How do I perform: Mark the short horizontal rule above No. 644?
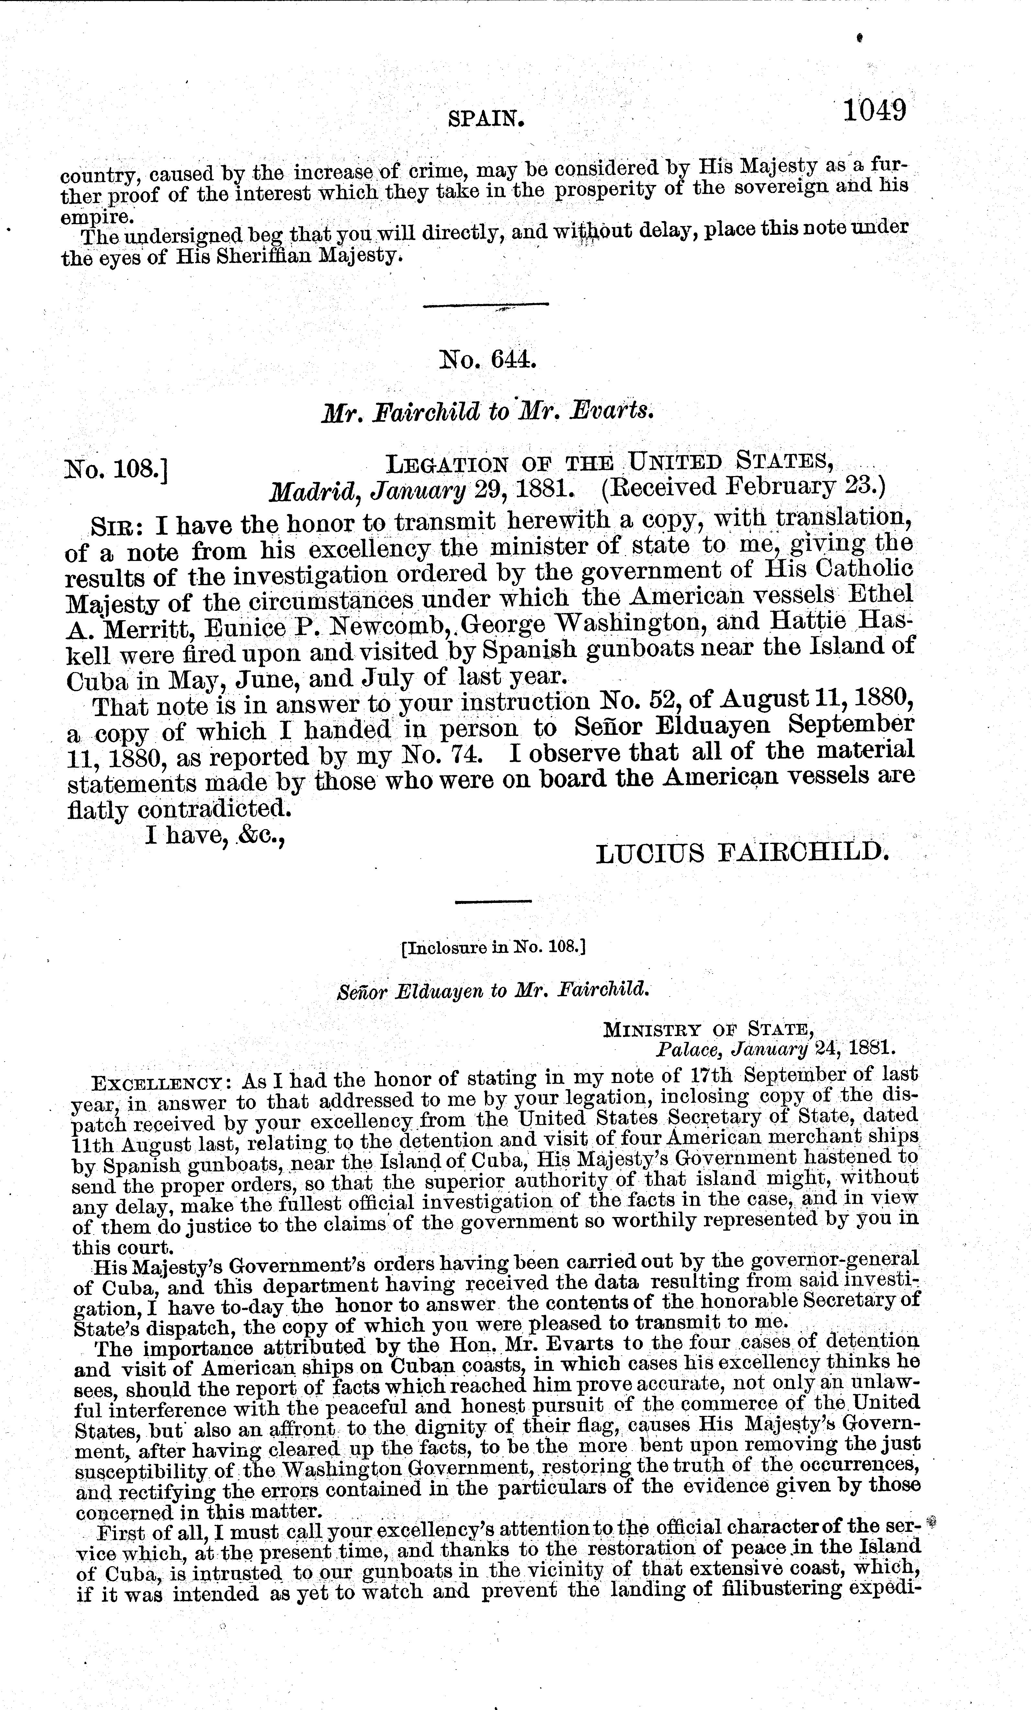coord(486,305)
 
